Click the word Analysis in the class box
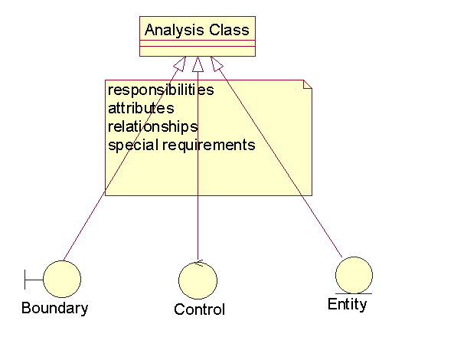pos(175,31)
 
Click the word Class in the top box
pos(230,30)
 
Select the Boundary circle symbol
pos(62,279)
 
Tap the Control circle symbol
pos(198,280)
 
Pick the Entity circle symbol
pos(354,275)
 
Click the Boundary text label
pos(54,308)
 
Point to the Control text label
pos(200,309)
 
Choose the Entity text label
pos(348,305)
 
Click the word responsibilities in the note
pos(161,90)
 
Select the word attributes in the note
pos(141,108)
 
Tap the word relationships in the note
pos(153,127)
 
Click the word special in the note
pos(133,145)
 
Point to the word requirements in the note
pos(209,146)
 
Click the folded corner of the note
pos(308,84)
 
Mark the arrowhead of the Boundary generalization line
pos(180,64)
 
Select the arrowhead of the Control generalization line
pos(198,64)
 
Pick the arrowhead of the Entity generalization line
pos(217,64)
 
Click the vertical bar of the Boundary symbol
pos(25,280)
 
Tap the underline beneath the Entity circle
pos(354,293)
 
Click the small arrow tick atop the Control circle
pos(199,263)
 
